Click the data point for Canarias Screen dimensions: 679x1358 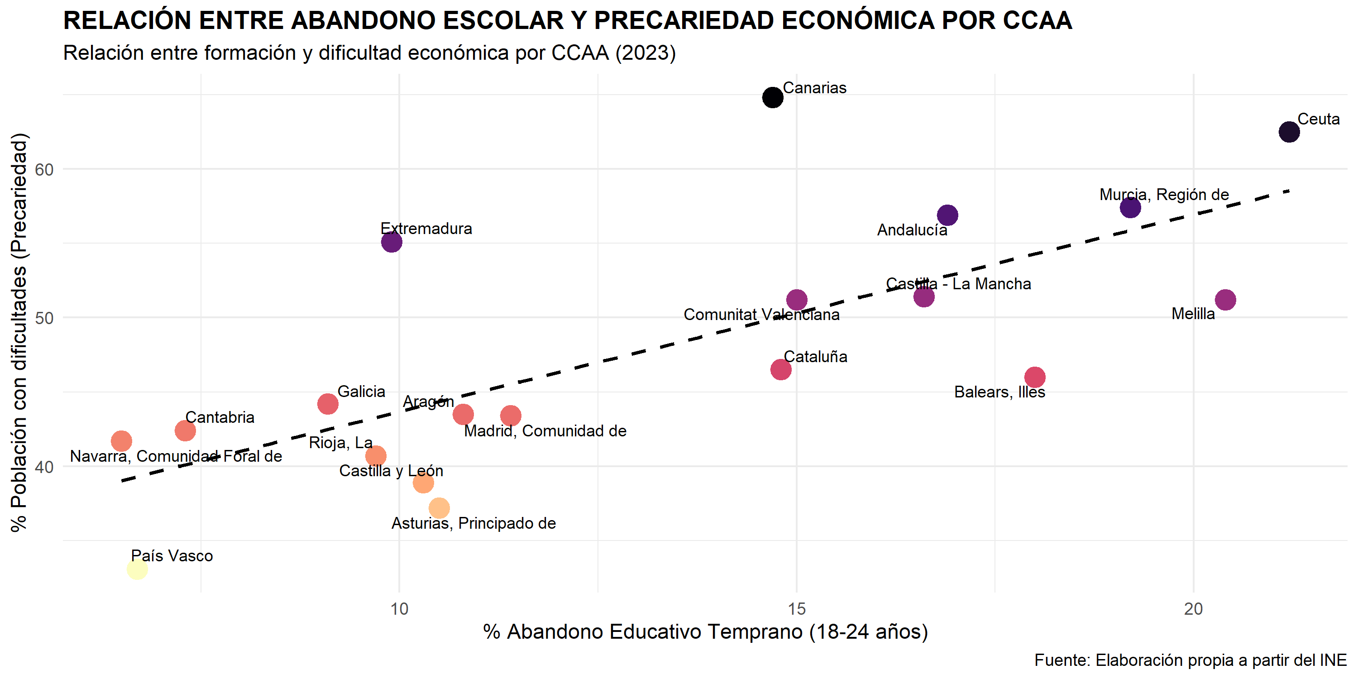772,97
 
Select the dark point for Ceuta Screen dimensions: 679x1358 1289,132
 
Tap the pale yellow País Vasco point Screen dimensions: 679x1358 137,569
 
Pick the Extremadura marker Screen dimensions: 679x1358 392,242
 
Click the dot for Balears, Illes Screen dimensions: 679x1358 1035,378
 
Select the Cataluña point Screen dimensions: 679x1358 781,369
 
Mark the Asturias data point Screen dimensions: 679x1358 439,508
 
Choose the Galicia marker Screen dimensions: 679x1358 328,404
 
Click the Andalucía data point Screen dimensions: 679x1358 947,215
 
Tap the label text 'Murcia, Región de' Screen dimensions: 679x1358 1164,195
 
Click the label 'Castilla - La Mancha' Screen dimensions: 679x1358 958,284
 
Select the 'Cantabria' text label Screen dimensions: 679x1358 220,417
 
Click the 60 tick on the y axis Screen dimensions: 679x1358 44,170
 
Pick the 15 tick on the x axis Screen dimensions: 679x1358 797,609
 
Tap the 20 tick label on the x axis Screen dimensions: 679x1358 1194,609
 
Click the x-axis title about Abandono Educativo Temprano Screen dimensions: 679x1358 705,631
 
